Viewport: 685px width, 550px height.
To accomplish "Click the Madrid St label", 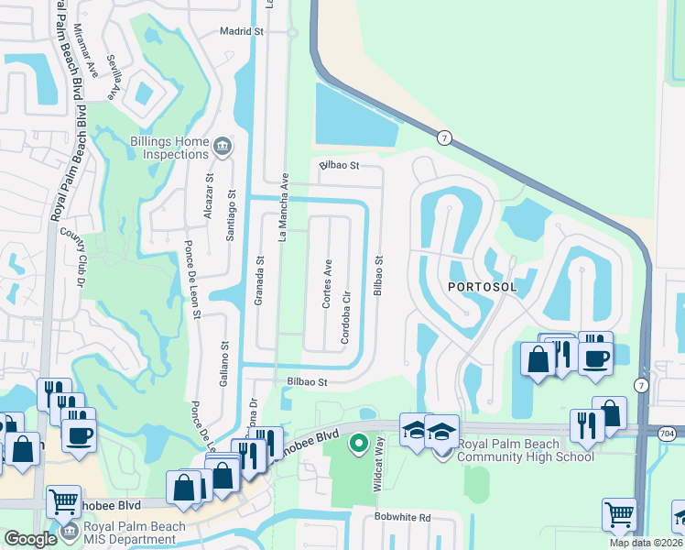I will pyautogui.click(x=242, y=30).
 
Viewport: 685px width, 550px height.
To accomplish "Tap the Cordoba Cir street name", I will pyautogui.click(x=346, y=316).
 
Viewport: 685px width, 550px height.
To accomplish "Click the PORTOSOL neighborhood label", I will pyautogui.click(x=483, y=287).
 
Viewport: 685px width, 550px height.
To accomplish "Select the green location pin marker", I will pyautogui.click(x=359, y=444).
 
